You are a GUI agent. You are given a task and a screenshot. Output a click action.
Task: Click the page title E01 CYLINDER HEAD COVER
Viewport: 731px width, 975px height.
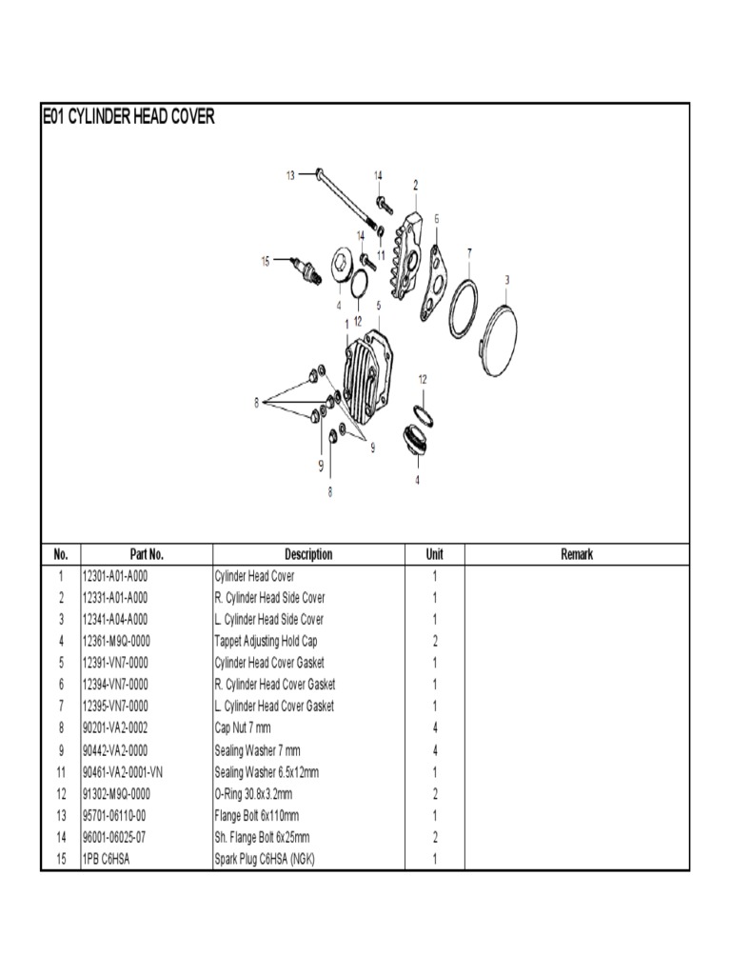[x=128, y=117]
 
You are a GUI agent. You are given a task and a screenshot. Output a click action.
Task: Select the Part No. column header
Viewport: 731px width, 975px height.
[x=147, y=554]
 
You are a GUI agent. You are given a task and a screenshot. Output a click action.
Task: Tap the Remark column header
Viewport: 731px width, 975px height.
[x=576, y=554]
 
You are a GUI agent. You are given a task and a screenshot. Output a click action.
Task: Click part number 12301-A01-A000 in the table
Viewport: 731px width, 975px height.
[x=115, y=576]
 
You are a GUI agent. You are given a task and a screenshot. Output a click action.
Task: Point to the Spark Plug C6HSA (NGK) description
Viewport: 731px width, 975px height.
[x=264, y=860]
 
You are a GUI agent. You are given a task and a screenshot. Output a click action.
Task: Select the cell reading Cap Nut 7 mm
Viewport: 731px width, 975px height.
[x=243, y=728]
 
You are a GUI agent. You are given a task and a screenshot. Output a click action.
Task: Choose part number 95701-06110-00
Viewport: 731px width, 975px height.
[x=114, y=816]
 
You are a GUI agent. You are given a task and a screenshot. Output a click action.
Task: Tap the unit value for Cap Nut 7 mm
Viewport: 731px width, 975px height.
[x=434, y=728]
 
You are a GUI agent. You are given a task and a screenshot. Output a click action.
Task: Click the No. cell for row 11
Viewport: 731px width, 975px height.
[x=60, y=772]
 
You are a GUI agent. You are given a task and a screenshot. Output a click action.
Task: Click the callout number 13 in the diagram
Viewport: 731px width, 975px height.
[x=290, y=174]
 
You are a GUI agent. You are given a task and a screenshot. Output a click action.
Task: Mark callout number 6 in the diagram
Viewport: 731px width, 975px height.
[x=437, y=218]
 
